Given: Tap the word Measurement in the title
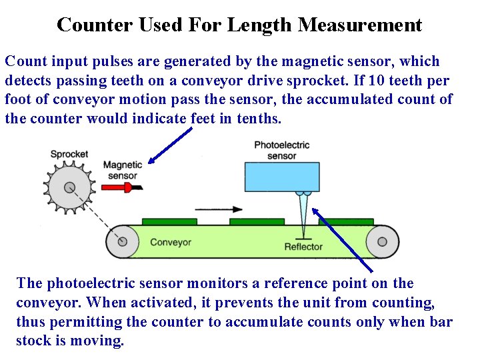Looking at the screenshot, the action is (x=360, y=25).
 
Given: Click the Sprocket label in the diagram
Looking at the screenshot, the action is (x=69, y=154).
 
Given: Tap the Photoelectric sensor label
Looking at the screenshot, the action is (x=281, y=150).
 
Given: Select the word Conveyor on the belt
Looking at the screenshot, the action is (x=171, y=242).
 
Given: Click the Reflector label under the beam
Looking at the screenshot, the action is (x=303, y=247).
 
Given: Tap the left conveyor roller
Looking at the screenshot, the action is (x=123, y=241).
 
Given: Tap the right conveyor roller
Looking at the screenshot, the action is (x=383, y=241).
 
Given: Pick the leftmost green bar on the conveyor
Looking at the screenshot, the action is (x=169, y=221).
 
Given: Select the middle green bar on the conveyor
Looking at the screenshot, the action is (x=257, y=221).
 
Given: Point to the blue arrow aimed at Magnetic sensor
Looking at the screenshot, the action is (x=170, y=145).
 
